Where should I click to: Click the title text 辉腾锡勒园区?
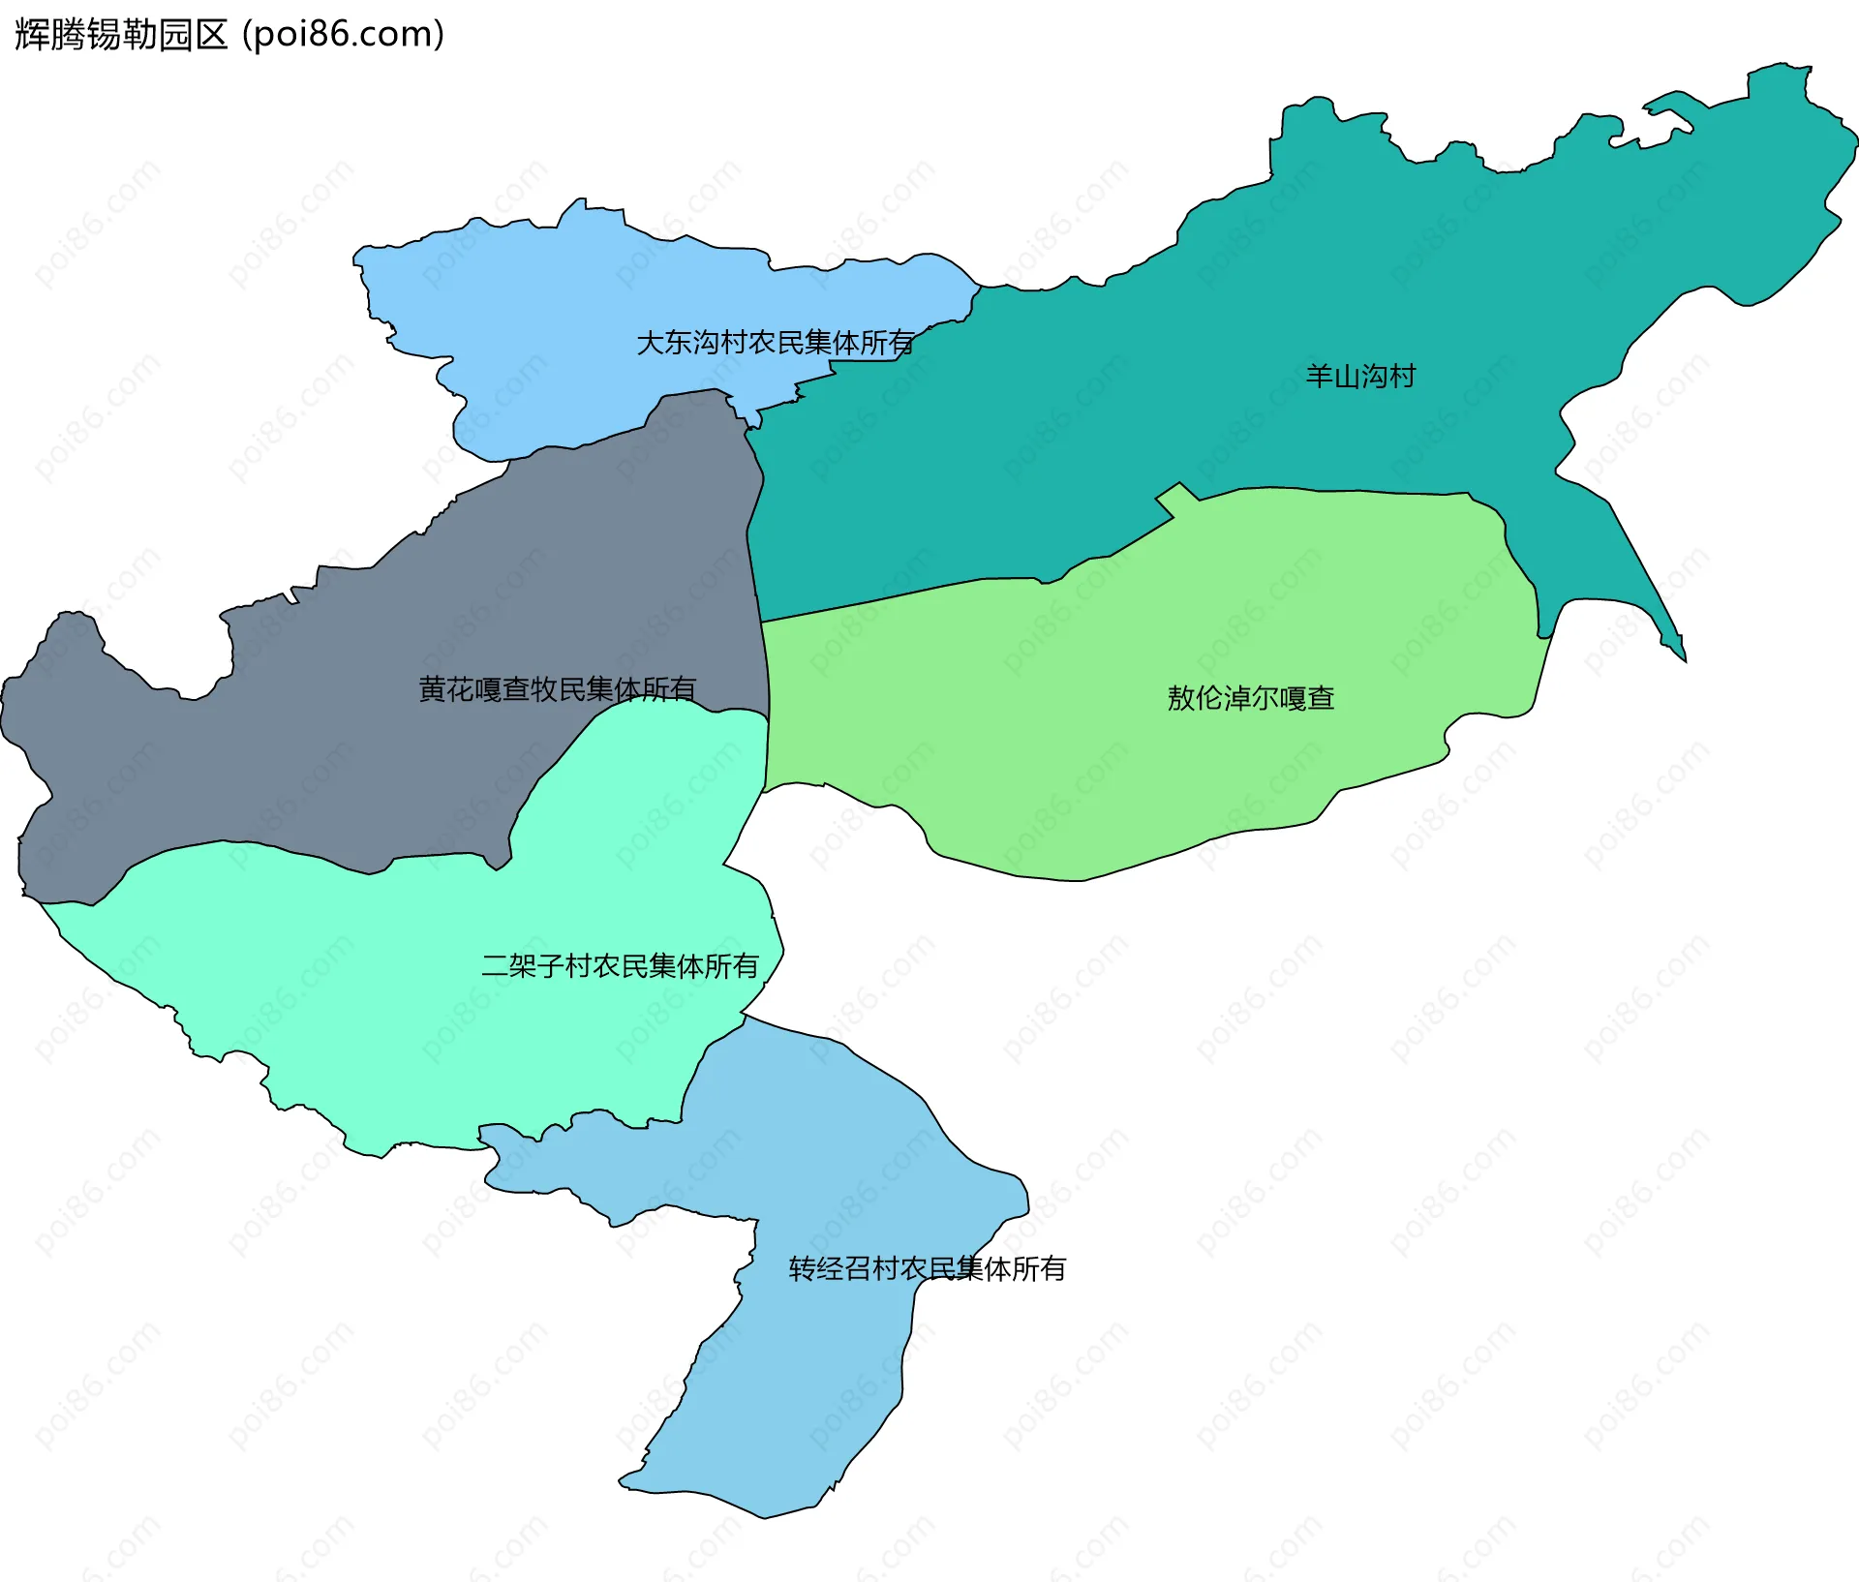point(121,35)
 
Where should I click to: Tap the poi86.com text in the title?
point(343,35)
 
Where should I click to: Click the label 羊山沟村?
point(1359,376)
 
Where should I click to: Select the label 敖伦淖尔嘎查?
point(1250,698)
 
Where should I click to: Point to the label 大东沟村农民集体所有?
point(775,343)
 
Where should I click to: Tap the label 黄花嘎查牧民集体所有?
point(557,689)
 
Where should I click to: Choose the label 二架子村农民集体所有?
point(620,966)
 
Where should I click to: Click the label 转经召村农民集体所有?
point(927,1268)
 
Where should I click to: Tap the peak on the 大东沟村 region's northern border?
point(580,203)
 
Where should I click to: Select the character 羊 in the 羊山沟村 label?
point(1319,376)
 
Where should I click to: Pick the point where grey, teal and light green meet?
point(761,622)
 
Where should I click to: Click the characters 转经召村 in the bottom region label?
point(843,1268)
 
